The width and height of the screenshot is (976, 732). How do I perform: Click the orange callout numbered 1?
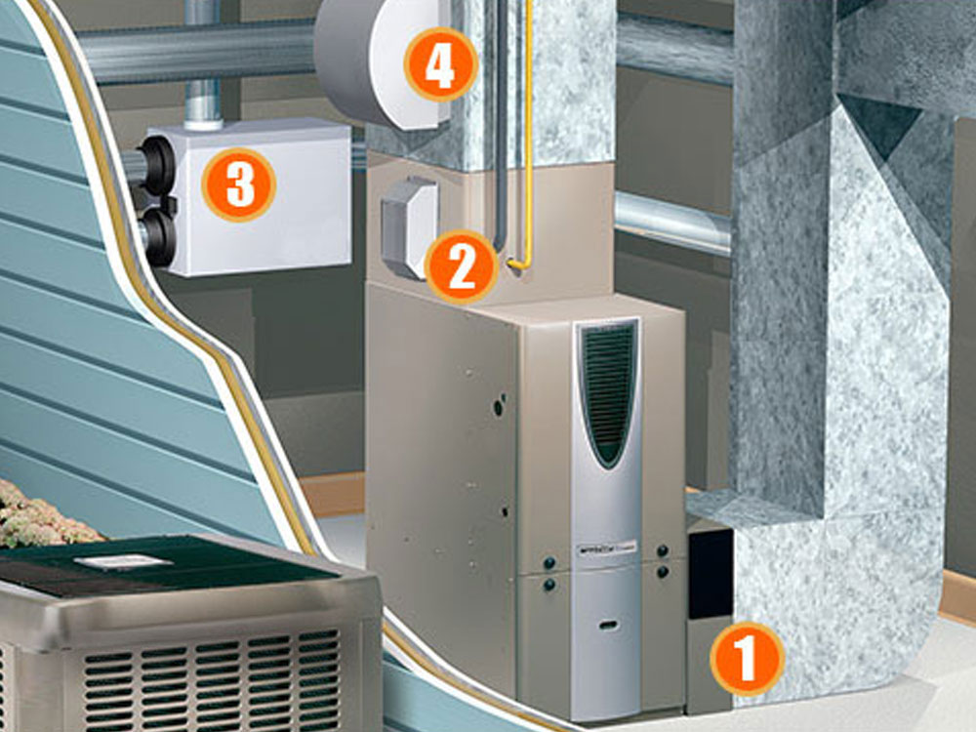coord(747,659)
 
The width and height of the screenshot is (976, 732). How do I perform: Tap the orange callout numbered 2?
coord(461,264)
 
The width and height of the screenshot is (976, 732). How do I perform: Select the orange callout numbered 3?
coord(239,183)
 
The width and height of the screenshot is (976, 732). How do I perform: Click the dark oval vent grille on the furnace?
coord(609,390)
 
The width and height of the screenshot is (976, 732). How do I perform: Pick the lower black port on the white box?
coord(157,235)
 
